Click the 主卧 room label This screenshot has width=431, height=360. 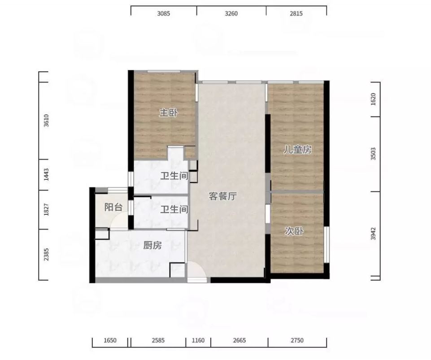(x=169, y=113)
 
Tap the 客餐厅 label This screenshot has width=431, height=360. (x=222, y=196)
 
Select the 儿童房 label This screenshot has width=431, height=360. (x=298, y=149)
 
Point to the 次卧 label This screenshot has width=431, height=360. (x=294, y=231)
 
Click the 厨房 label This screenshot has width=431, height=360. (x=152, y=245)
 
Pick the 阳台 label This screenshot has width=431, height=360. (x=113, y=207)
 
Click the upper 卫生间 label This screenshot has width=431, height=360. (x=174, y=175)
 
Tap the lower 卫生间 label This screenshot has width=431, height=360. (x=174, y=209)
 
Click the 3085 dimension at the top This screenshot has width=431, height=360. (x=164, y=13)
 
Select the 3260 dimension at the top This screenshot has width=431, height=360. (x=231, y=13)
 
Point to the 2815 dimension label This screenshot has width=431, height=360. (x=296, y=13)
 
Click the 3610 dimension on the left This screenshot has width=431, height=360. (x=46, y=120)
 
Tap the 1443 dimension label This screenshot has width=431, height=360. (x=46, y=174)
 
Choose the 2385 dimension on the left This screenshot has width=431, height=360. (x=46, y=254)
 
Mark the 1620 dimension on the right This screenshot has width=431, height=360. (x=373, y=99)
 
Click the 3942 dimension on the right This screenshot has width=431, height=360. (x=373, y=234)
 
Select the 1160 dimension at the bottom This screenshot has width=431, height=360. (x=198, y=340)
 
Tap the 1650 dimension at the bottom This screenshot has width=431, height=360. (x=110, y=340)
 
